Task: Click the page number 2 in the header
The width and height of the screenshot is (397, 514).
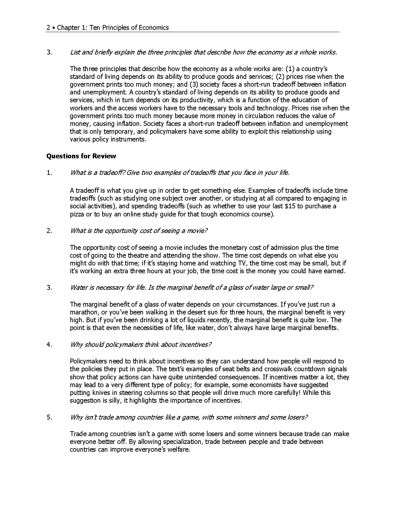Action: (x=48, y=28)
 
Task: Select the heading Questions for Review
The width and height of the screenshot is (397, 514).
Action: (x=81, y=156)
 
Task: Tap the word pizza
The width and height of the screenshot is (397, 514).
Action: (x=77, y=214)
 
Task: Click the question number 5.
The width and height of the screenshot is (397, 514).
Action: (x=49, y=417)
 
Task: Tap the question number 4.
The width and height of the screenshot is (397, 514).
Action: (x=49, y=344)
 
